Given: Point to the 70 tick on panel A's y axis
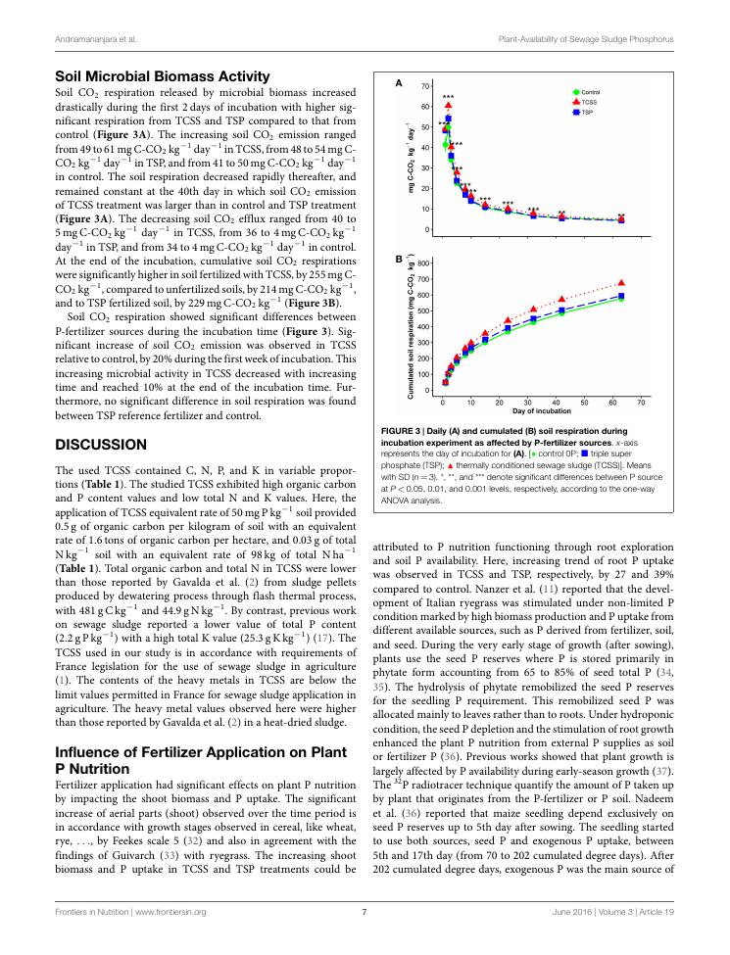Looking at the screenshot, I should coord(425,87).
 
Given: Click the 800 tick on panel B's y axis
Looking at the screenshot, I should coord(423,263).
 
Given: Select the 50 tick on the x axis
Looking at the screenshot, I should coord(584,402).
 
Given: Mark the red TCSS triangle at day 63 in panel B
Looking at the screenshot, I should coord(621,282).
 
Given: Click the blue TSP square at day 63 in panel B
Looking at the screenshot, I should coord(621,295).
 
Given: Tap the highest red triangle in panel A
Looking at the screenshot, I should coord(448,105).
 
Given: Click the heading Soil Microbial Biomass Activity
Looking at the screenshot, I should coord(163,75).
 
